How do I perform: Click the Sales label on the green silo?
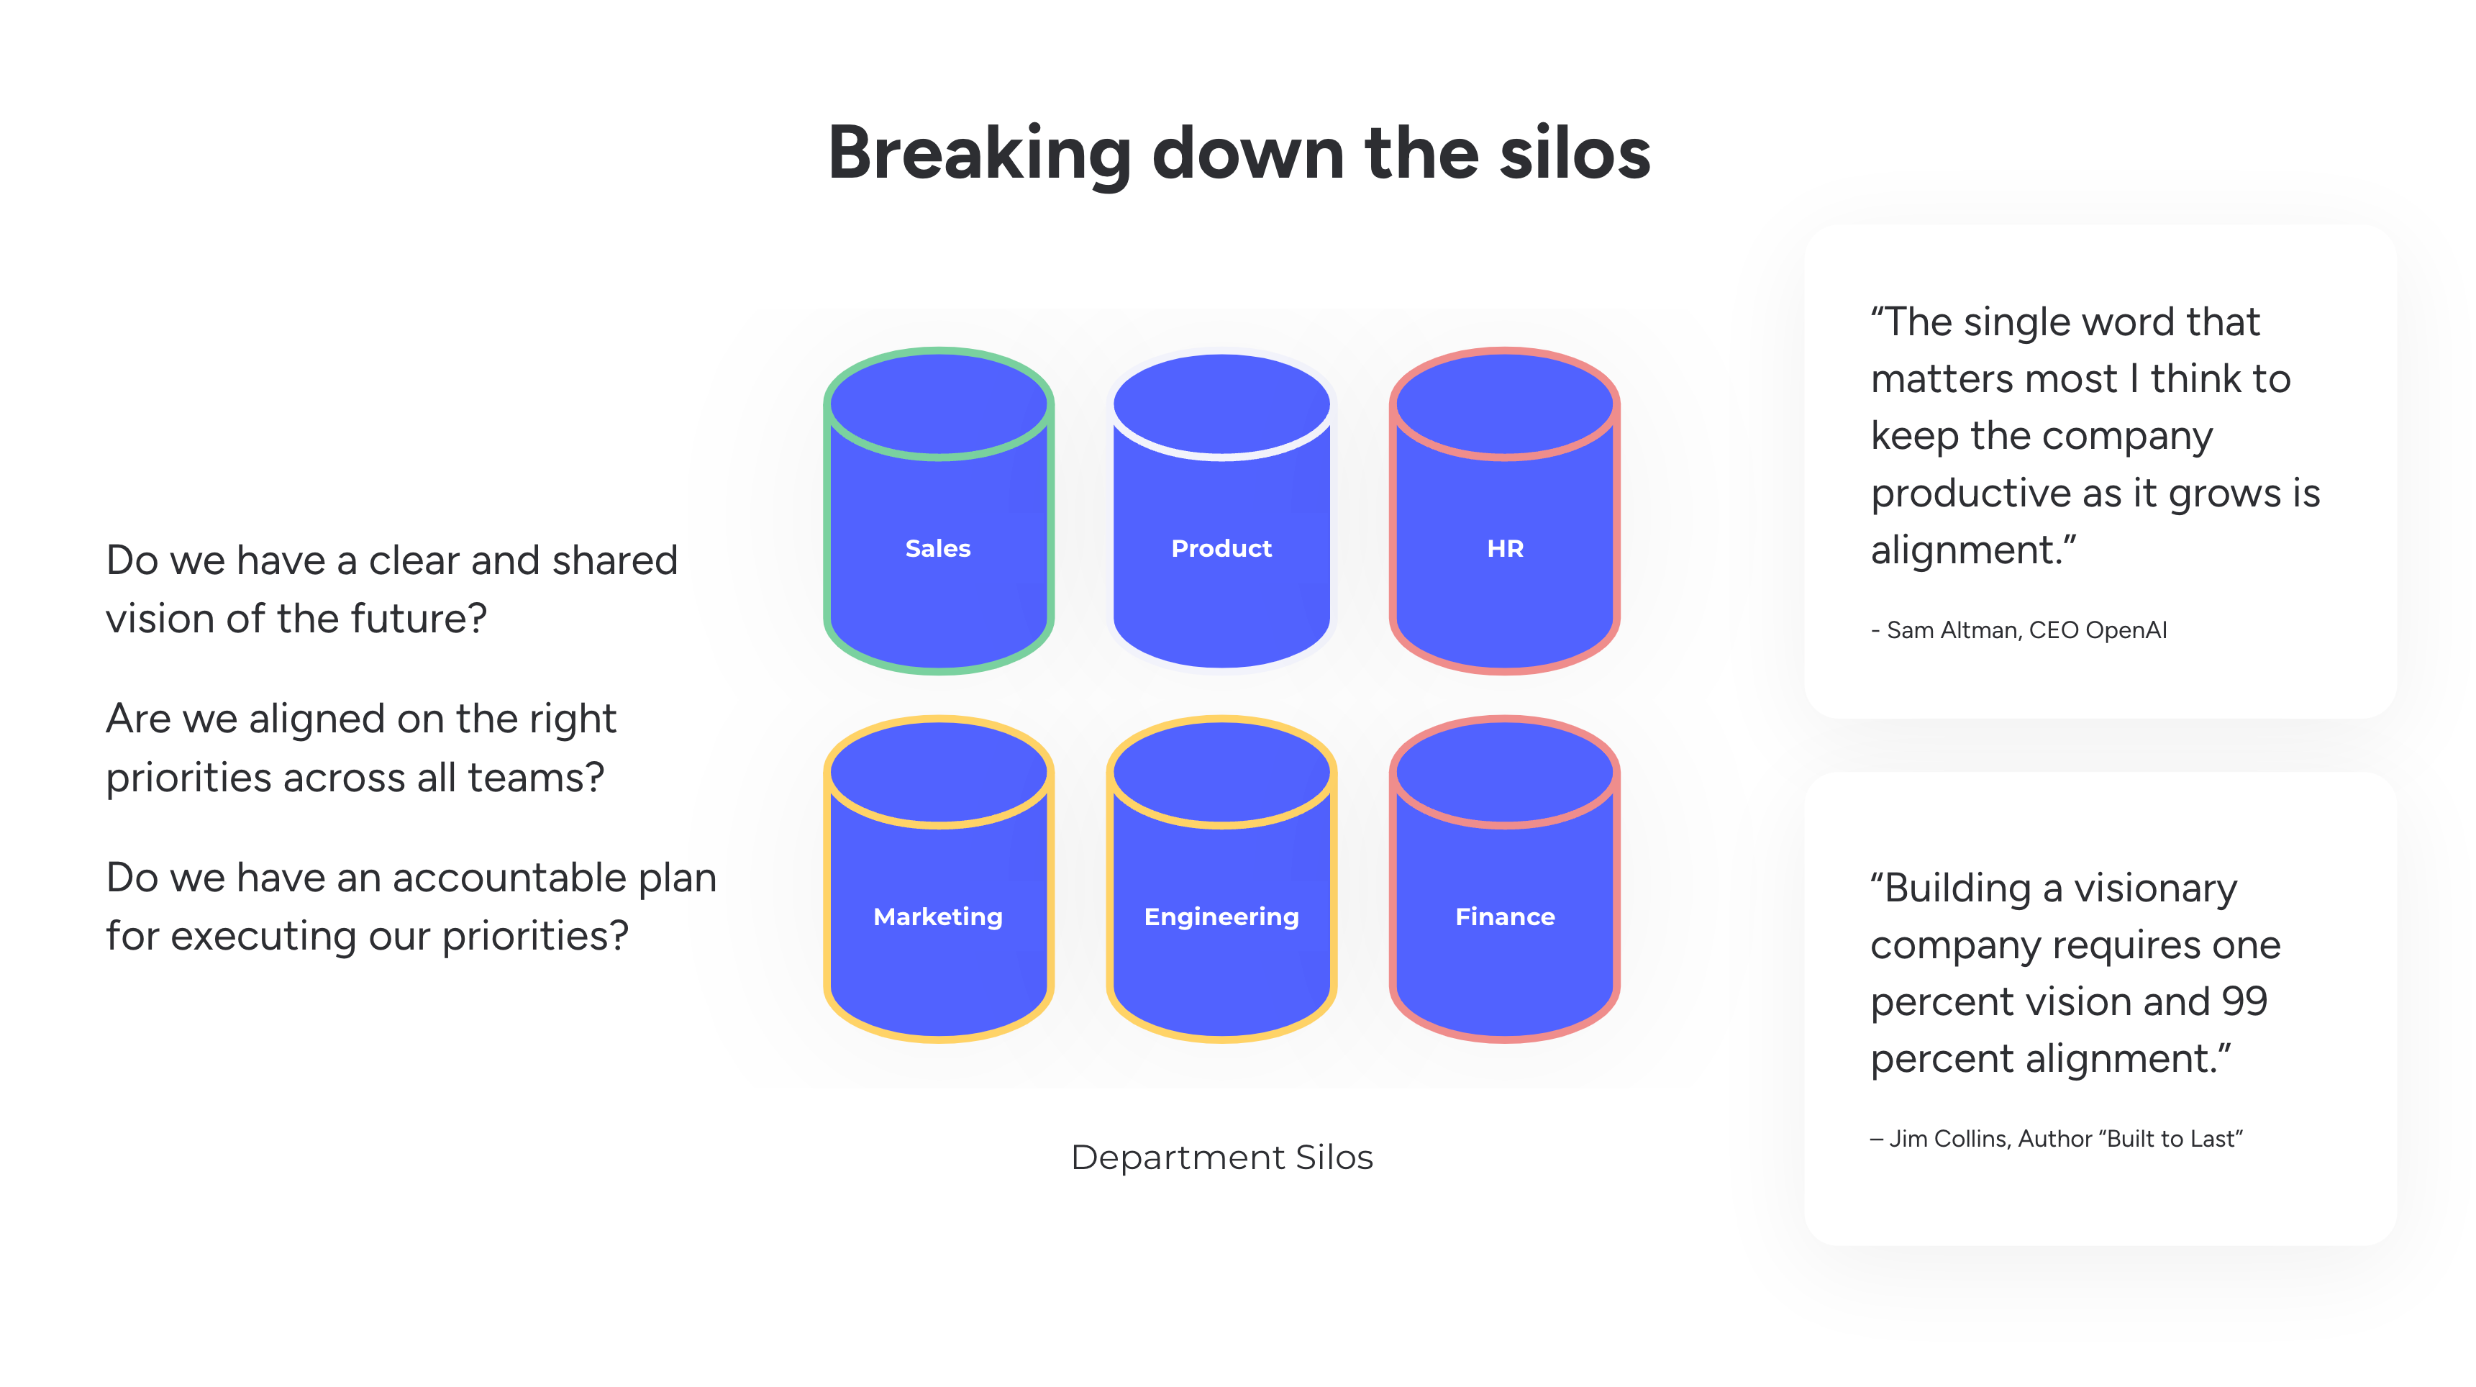937,548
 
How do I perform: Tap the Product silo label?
1221,548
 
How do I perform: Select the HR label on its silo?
1504,548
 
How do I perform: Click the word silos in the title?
1575,154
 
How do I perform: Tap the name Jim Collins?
1948,1138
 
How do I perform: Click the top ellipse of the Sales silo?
937,404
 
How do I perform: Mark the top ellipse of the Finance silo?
1504,771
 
